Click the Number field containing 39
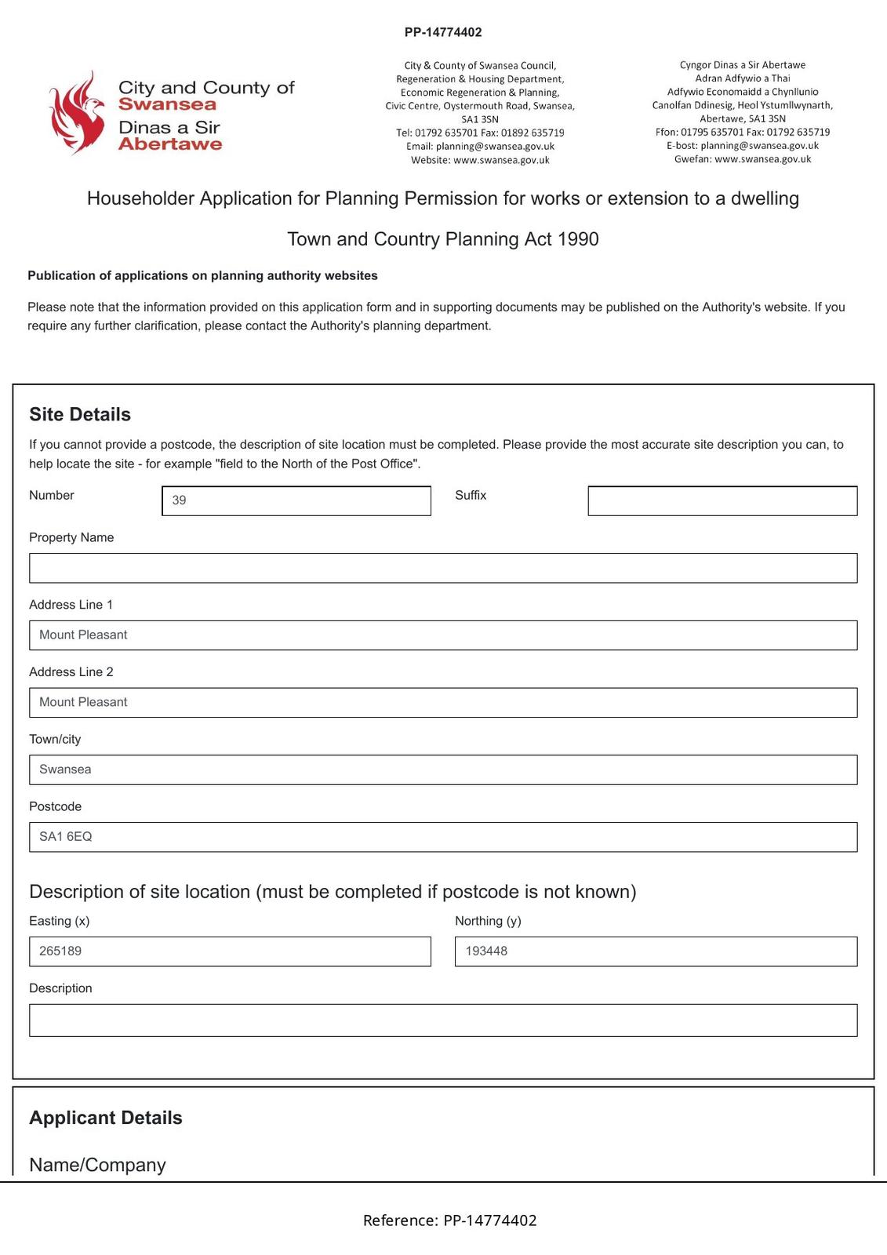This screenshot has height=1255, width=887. click(x=296, y=500)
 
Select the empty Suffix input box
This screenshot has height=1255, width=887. click(x=722, y=500)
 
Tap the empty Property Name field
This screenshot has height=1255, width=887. click(x=443, y=568)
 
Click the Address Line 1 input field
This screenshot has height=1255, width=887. click(x=443, y=635)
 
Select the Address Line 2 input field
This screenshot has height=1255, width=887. click(x=443, y=703)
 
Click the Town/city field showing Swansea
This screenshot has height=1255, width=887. click(x=443, y=769)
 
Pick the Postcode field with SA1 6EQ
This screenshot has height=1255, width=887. click(x=443, y=837)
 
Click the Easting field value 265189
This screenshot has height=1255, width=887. click(x=230, y=951)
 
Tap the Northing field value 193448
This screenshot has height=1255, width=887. click(x=656, y=951)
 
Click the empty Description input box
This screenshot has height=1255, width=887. click(x=443, y=1020)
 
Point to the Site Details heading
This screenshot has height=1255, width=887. click(x=80, y=414)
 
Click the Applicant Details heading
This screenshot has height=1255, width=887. click(x=106, y=1118)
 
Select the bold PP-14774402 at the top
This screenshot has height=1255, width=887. click(x=443, y=32)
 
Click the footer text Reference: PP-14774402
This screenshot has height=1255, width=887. click(x=449, y=1220)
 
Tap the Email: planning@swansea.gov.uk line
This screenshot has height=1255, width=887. click(x=480, y=147)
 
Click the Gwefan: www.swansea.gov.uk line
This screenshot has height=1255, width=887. click(x=743, y=159)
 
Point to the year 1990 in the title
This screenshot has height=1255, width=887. click(x=578, y=239)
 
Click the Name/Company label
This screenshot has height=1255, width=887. click(x=97, y=1165)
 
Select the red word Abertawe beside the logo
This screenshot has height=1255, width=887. click(x=170, y=144)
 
